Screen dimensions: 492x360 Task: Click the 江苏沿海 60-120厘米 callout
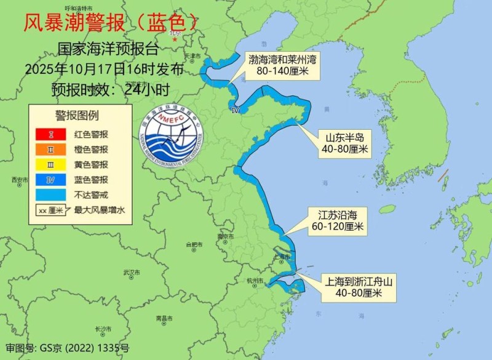tap(337, 221)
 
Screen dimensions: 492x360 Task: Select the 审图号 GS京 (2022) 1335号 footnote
tap(67, 348)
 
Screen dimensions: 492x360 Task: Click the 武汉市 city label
tap(132, 272)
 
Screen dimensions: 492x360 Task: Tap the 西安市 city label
tap(20, 180)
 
